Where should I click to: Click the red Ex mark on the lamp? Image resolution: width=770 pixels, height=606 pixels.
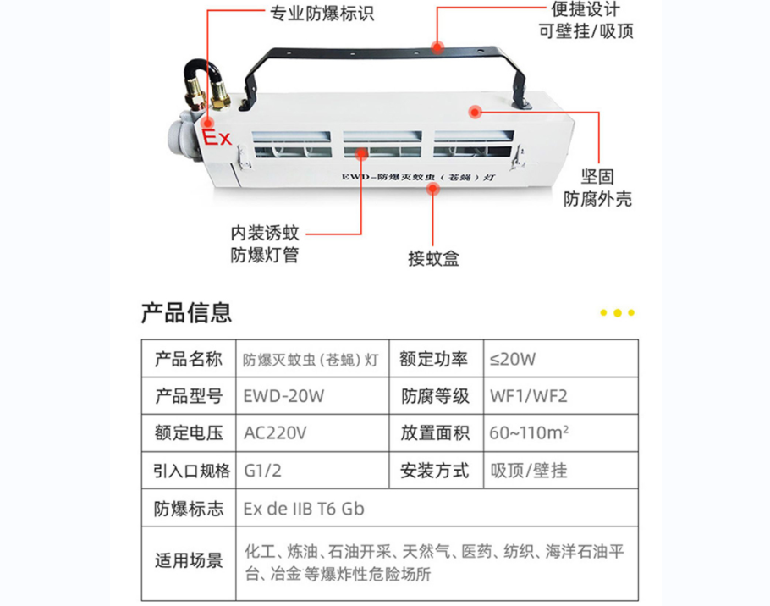pos(217,137)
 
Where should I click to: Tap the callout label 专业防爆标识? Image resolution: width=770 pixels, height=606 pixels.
pos(322,14)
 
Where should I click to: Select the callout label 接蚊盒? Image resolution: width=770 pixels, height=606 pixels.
pos(433,258)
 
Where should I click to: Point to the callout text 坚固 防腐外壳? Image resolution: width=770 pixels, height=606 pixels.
pos(597,188)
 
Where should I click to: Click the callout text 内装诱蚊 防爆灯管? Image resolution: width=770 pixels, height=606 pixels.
pos(265,244)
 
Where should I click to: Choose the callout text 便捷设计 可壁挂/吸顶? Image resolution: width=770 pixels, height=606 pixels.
pos(586,20)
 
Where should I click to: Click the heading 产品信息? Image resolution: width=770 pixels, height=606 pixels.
pos(186,312)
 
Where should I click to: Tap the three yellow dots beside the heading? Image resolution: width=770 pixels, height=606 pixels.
pos(618,313)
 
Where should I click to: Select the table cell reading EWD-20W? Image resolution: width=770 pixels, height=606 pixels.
pos(283,396)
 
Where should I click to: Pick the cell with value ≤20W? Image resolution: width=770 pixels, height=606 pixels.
pos(512,360)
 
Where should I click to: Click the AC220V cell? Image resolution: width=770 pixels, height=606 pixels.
pos(275,433)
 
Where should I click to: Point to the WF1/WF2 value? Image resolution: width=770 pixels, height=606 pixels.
pos(528,396)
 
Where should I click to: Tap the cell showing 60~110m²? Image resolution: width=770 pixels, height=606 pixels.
pos(529,433)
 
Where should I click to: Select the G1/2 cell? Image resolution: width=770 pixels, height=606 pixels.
pos(262,471)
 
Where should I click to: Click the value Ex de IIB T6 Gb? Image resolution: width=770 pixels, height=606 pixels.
pos(304,509)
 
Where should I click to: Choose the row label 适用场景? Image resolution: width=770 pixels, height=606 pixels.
pos(189,560)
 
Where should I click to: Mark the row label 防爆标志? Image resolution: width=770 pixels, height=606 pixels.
pos(189,509)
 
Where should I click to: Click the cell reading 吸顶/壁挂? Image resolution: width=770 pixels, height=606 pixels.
pos(528,471)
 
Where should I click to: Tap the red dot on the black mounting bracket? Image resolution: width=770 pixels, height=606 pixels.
pos(437,47)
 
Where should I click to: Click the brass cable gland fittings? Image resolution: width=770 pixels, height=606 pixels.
pos(207,96)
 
